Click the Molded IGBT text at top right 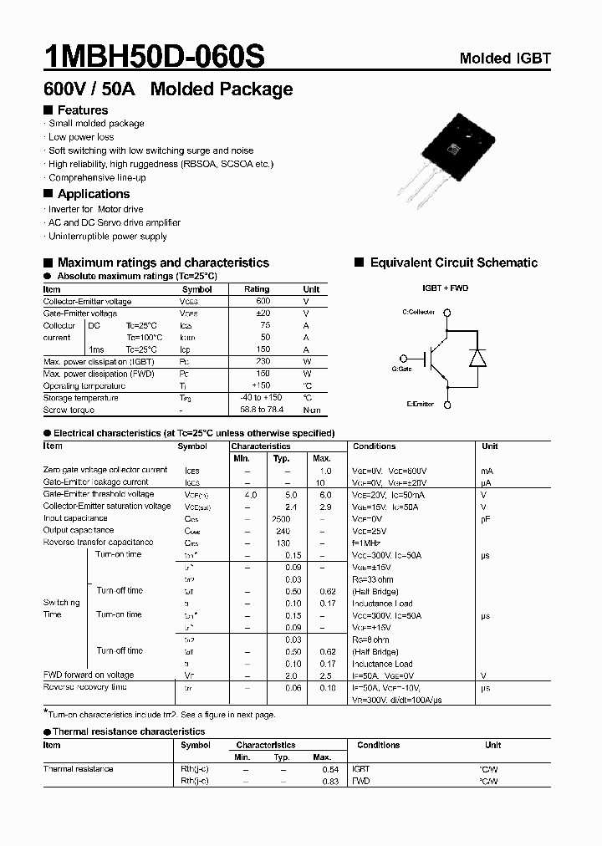(x=505, y=59)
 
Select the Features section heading (x=82, y=110)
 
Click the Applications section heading (x=93, y=194)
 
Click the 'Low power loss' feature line (x=81, y=137)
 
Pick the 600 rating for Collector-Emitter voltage (x=263, y=301)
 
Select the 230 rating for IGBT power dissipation (x=263, y=361)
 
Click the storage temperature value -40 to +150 (x=263, y=398)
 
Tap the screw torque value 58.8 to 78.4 (x=263, y=410)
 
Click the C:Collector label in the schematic (x=419, y=312)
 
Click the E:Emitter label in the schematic (x=421, y=404)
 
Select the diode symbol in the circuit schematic (x=477, y=358)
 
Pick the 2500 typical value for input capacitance (x=281, y=518)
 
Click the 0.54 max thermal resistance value (x=330, y=768)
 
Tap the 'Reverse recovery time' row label (x=85, y=687)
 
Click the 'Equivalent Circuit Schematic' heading (x=453, y=262)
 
